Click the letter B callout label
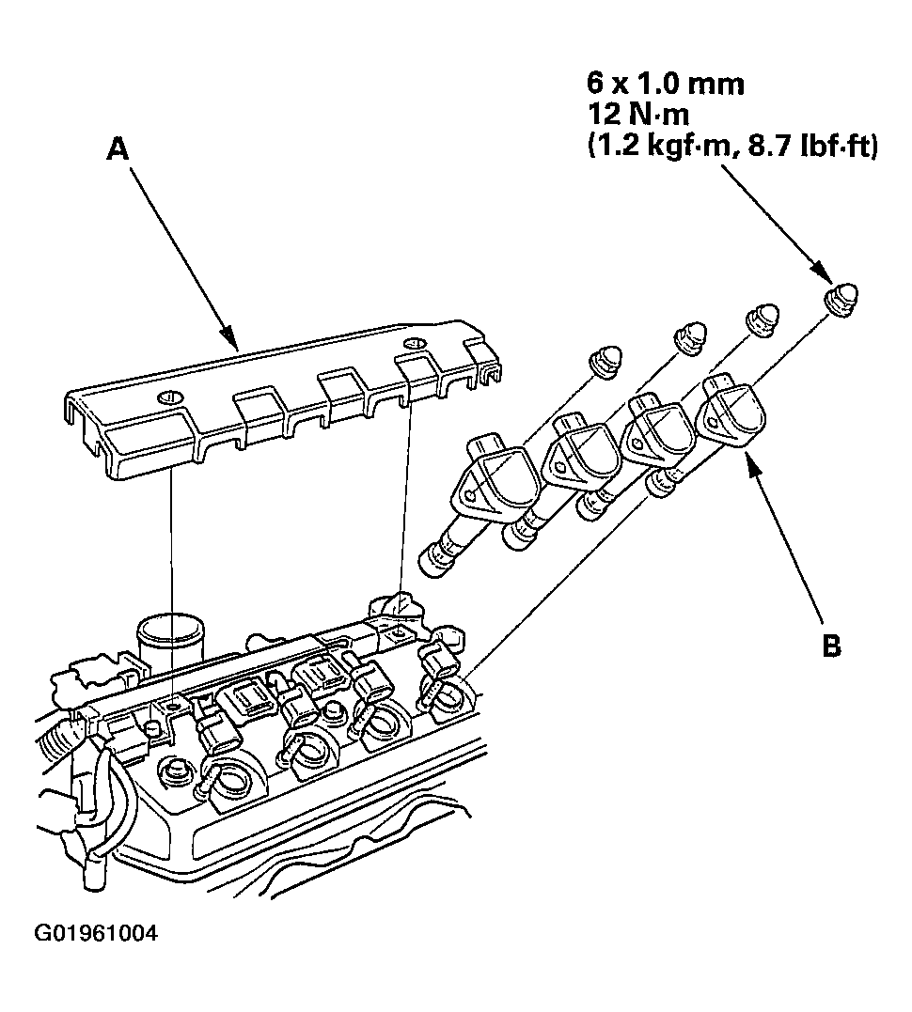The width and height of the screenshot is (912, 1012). point(831,646)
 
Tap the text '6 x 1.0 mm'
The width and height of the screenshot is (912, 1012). point(665,85)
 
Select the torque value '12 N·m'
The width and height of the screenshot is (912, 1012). point(637,116)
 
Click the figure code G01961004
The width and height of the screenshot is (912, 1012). point(96,934)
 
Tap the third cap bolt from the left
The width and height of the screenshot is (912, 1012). point(764,319)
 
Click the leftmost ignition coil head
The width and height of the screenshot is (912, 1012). point(495,475)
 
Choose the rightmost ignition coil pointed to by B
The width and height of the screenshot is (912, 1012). point(735,414)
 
